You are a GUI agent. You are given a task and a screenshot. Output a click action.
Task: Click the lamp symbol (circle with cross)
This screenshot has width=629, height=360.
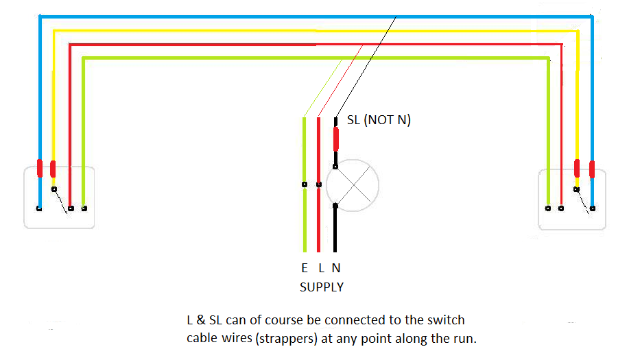tap(352, 185)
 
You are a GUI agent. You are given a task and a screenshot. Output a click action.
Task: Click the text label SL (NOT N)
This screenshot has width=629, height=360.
tap(379, 120)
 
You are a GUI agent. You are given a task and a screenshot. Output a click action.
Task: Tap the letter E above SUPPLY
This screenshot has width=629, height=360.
tap(304, 269)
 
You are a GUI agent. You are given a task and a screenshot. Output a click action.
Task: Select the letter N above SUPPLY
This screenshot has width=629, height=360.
tap(335, 269)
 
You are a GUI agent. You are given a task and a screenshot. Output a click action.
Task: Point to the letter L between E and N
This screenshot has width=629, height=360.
tap(320, 269)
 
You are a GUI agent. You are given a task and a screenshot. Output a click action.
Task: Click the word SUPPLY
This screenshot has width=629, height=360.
tap(321, 287)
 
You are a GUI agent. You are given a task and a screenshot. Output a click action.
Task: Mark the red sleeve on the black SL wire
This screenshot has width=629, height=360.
tap(335, 139)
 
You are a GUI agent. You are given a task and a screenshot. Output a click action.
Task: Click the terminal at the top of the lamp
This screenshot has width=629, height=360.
tap(335, 166)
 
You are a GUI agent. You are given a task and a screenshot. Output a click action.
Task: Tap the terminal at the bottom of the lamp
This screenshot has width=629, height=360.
tap(335, 205)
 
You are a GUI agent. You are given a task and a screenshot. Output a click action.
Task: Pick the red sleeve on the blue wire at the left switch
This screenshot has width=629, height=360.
tap(40, 168)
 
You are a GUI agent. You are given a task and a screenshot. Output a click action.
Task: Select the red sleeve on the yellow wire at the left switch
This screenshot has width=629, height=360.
tap(53, 169)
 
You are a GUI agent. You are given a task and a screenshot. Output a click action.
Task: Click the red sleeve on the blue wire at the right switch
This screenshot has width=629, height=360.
tap(592, 169)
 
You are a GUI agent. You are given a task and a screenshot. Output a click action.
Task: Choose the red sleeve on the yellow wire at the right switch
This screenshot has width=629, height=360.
tap(577, 168)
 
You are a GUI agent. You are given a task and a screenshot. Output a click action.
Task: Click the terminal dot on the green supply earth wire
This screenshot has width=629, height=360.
tap(304, 184)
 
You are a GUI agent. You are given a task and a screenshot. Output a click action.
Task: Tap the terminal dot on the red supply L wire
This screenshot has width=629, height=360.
tap(319, 184)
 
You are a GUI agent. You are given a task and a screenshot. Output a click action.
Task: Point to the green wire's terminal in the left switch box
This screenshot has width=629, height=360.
tap(84, 208)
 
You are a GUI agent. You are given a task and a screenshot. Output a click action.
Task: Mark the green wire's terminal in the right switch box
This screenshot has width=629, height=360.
tap(547, 207)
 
